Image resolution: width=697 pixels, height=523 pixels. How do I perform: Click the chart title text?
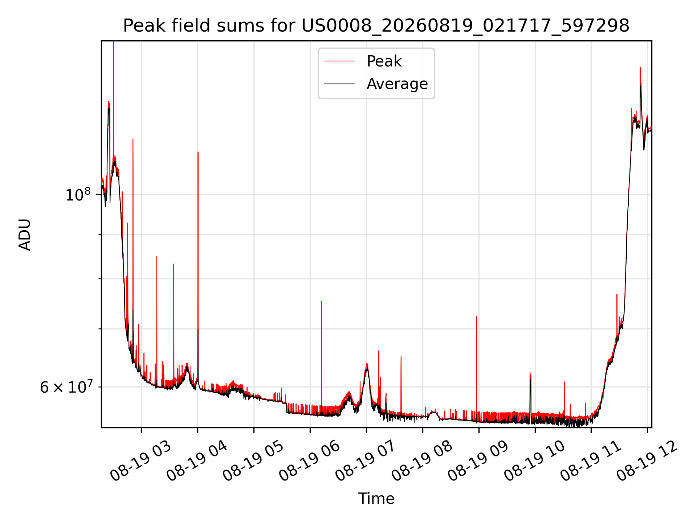(x=376, y=26)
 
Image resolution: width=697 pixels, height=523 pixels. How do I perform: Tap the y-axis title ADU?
(x=25, y=234)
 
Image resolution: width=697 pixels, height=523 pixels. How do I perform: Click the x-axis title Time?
(x=376, y=498)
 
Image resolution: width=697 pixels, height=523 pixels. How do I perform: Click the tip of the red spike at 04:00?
(x=198, y=152)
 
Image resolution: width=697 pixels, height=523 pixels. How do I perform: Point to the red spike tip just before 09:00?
(x=477, y=316)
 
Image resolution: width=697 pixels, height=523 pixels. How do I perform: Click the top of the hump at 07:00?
(x=367, y=364)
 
